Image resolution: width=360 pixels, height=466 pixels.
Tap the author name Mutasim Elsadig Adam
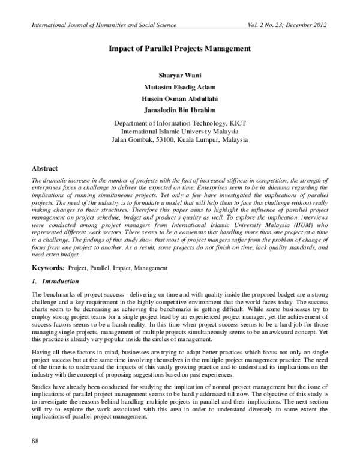180,88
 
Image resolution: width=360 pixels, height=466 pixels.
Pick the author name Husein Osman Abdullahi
180,99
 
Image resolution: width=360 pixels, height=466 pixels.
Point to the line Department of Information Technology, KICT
180,123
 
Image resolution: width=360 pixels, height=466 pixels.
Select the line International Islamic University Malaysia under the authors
180,131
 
